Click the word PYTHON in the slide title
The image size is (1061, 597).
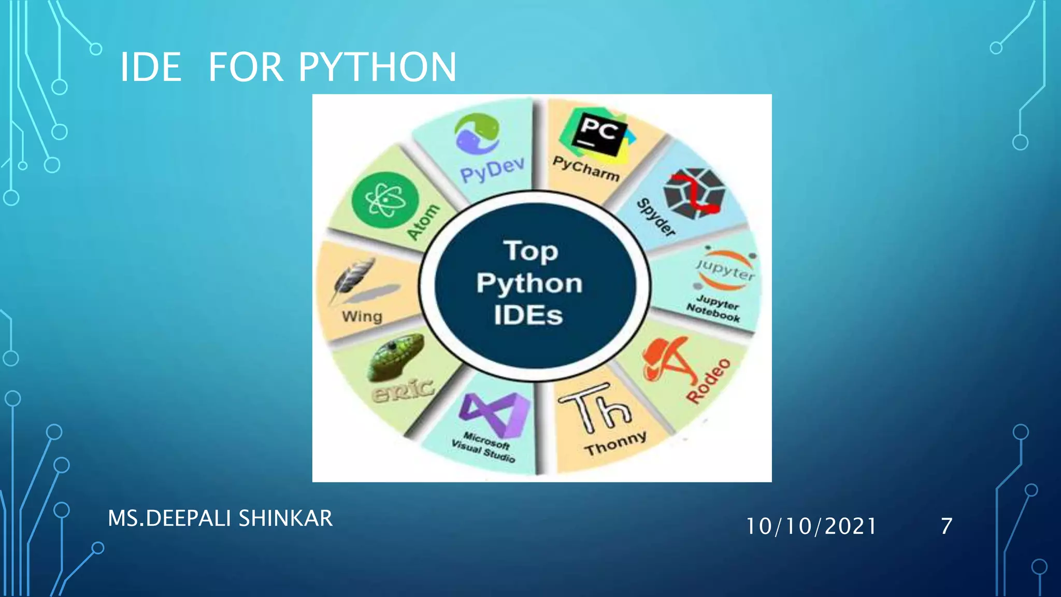click(x=377, y=67)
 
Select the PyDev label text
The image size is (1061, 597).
click(x=492, y=170)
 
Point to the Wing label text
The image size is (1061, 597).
click(x=362, y=316)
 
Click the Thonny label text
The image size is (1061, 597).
click(x=615, y=444)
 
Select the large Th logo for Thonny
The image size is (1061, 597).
click(x=595, y=408)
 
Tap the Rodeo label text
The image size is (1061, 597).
click(x=709, y=380)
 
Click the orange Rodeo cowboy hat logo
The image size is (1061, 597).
click(x=668, y=359)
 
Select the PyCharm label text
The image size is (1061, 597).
click(x=586, y=168)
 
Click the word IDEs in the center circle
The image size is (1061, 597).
click(x=528, y=316)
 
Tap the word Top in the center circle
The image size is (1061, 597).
click(x=530, y=251)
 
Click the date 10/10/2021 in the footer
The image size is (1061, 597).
click(x=811, y=526)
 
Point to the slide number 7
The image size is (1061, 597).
click(x=947, y=526)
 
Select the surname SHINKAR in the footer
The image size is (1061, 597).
click(x=285, y=518)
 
